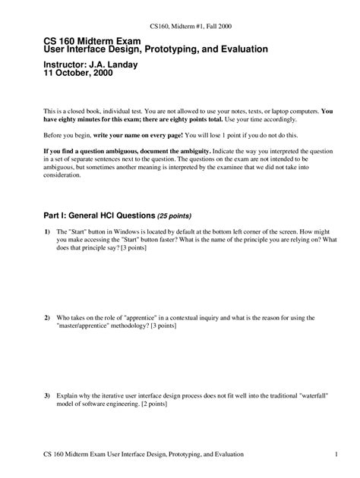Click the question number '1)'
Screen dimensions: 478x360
click(47, 231)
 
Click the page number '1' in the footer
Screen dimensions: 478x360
click(335, 454)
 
